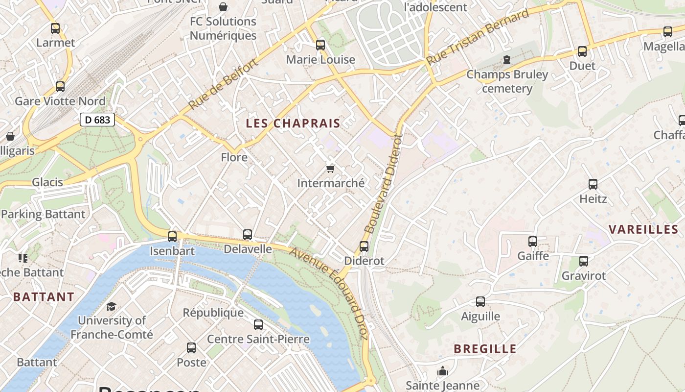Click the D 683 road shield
point(97,119)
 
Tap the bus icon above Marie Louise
point(320,45)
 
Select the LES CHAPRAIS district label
point(293,123)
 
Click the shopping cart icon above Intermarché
point(331,169)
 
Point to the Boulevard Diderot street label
point(383,184)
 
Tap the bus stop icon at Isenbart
point(172,237)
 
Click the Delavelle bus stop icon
point(248,235)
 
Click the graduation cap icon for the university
point(112,306)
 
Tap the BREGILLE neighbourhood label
point(485,349)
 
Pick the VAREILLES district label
point(643,229)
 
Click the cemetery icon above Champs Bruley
point(507,60)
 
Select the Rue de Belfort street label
point(223,84)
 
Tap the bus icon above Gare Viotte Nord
point(60,87)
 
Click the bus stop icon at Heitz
point(593,184)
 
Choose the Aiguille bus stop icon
point(480,302)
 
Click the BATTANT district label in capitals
point(44,297)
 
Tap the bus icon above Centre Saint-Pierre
point(258,324)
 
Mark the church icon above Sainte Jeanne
point(443,371)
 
